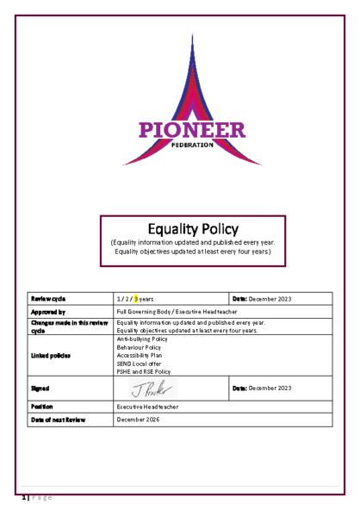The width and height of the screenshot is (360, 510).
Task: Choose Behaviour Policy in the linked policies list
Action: pos(138,347)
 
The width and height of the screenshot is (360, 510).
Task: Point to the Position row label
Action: pos(44,405)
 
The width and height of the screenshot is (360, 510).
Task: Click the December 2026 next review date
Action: pos(139,419)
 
